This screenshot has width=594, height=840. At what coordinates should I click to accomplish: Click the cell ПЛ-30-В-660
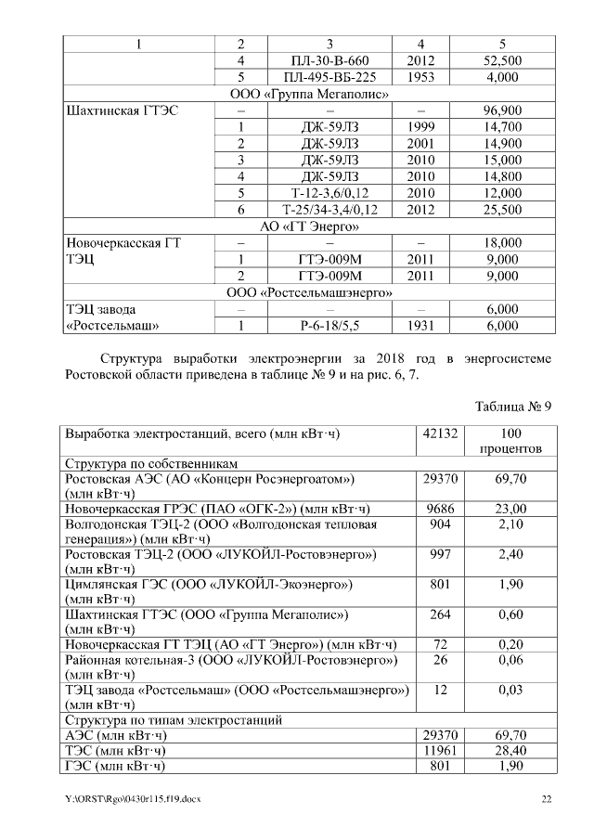329,60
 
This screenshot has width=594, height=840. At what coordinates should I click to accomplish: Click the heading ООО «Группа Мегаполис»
308,94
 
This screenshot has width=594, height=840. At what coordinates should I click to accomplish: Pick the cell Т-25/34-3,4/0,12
329,210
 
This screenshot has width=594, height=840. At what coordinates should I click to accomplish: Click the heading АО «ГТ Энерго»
308,226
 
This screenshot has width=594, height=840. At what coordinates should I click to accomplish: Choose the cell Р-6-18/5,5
329,326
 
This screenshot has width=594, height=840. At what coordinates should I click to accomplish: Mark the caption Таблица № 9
513,407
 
